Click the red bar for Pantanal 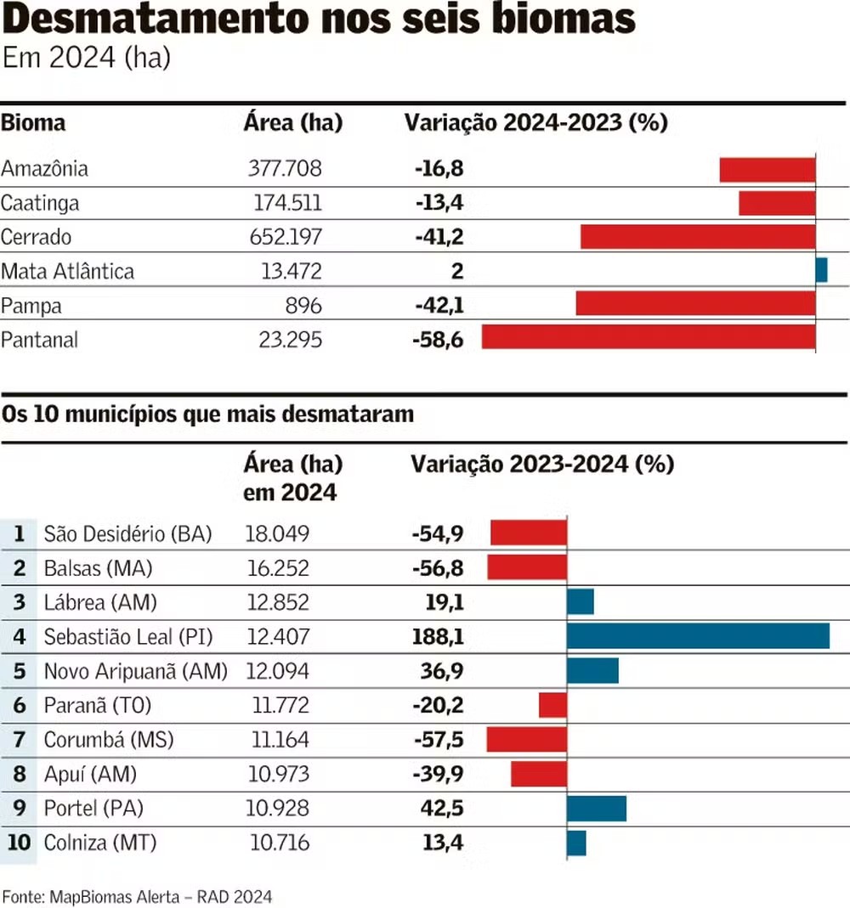pos(648,337)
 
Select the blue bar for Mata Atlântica pos(821,270)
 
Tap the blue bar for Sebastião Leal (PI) pos(698,636)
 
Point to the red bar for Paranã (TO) pos(552,705)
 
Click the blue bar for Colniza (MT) pos(576,843)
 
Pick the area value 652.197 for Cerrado pos(285,237)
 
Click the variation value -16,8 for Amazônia pos(439,168)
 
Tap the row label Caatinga pos(40,203)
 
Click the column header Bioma pos(33,123)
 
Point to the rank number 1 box pos(19,533)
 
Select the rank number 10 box pos(19,843)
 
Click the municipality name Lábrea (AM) pos(100,603)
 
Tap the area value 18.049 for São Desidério pos(277,533)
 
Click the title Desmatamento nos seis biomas pos(318,20)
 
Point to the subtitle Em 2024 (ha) pos(87,59)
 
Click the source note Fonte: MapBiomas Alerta pos(137,896)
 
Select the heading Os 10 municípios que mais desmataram pos(207,415)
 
